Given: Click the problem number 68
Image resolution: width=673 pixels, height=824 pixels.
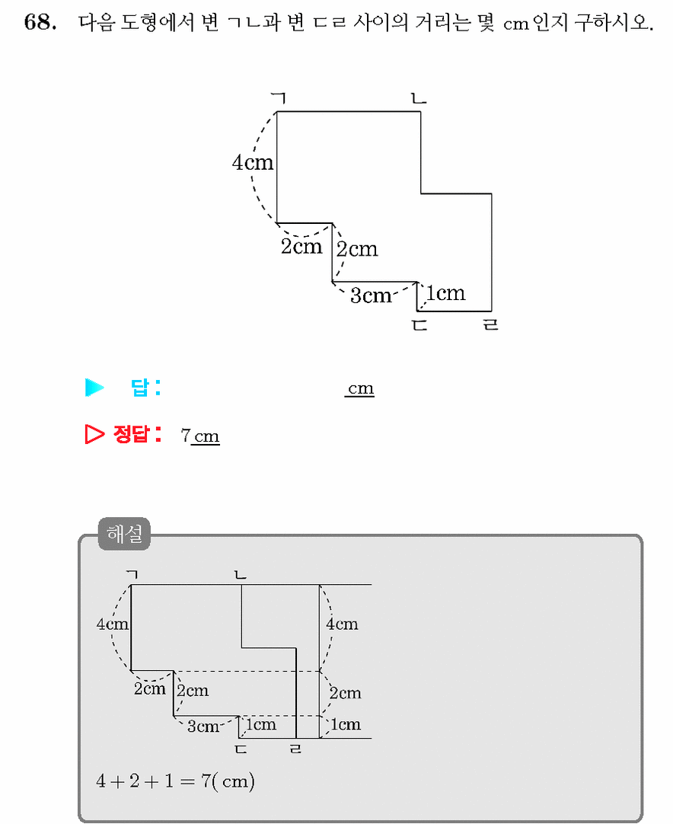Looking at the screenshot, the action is (x=40, y=22).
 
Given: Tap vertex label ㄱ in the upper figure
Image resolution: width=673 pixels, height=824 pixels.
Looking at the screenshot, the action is (x=279, y=97).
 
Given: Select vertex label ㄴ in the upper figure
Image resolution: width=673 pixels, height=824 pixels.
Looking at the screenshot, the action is (x=419, y=98).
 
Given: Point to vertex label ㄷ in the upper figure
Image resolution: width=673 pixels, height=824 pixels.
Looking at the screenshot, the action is (x=419, y=325).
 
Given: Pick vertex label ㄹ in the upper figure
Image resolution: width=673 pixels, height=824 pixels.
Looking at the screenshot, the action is (x=491, y=324).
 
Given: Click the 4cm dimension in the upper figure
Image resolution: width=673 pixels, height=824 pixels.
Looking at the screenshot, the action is (x=253, y=162).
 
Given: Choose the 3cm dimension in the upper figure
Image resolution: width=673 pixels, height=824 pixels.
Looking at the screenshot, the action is (x=371, y=295).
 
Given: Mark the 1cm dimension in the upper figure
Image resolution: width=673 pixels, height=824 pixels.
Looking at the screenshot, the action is (x=445, y=292).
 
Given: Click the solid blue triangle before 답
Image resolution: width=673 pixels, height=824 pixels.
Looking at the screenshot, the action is (x=94, y=388).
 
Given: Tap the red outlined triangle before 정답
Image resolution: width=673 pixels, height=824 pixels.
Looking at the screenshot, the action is (x=94, y=434).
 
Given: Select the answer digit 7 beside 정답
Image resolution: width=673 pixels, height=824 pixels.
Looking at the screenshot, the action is (x=186, y=435).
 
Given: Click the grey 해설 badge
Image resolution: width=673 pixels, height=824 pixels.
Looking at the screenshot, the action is (x=125, y=534).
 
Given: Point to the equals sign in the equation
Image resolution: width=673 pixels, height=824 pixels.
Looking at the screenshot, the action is (x=187, y=781).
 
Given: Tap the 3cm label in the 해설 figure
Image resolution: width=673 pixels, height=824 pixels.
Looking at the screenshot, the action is (x=203, y=727).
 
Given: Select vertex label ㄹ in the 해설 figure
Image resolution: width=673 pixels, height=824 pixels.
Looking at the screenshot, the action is (x=296, y=749).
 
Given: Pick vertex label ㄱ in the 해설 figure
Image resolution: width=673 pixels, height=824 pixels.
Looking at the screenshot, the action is (x=132, y=574).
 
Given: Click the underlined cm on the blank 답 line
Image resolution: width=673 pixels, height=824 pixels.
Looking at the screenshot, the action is (x=360, y=388).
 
